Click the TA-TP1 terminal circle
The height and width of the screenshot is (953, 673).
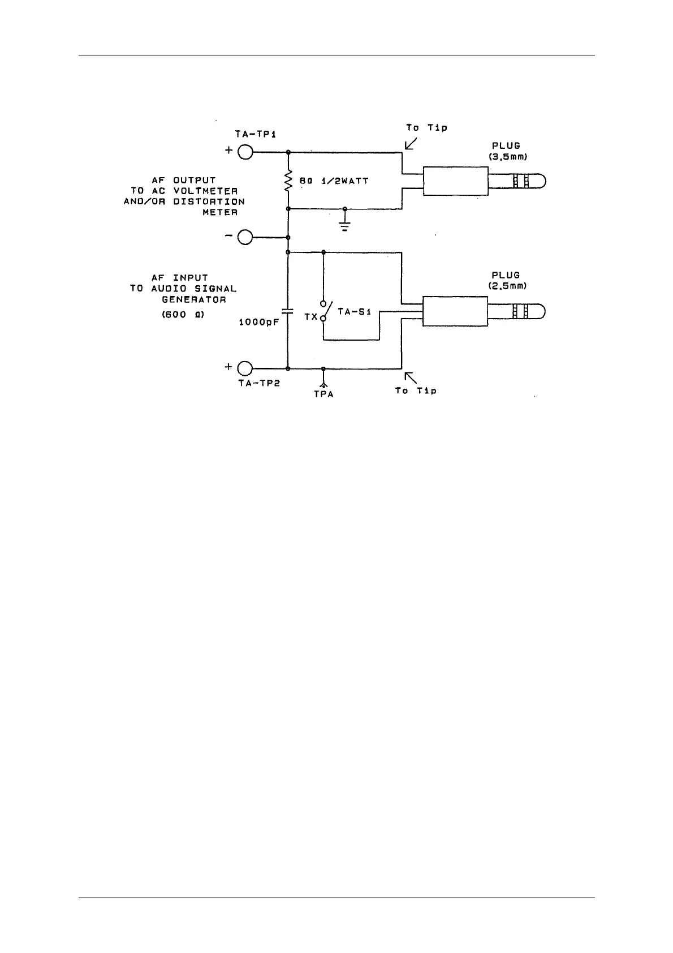245,152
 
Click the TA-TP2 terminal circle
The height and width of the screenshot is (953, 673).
245,368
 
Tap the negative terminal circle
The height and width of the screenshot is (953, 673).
245,237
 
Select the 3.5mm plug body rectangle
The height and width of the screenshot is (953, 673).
455,181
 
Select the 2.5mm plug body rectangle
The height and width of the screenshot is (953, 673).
455,311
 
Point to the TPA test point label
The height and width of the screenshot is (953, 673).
323,394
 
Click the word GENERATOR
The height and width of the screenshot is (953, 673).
194,299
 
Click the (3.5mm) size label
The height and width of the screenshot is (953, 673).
508,157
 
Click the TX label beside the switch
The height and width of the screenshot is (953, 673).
311,317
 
